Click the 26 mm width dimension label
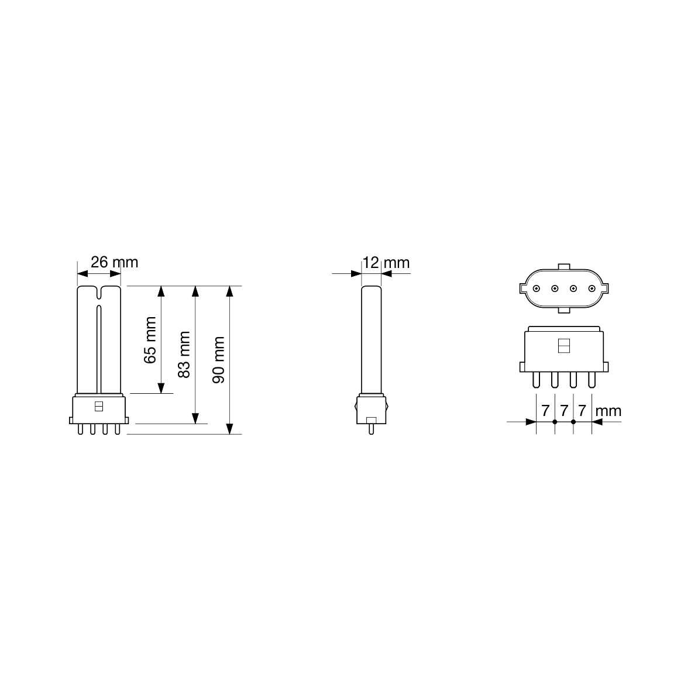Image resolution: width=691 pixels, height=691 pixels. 114,262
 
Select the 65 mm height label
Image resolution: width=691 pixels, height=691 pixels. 150,340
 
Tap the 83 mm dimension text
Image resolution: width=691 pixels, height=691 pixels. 184,355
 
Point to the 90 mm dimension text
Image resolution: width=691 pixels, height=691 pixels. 219,360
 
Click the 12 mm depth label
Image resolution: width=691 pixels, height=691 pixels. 386,263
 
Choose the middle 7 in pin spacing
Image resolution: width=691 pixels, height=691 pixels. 564,411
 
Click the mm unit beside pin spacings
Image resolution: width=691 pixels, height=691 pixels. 608,411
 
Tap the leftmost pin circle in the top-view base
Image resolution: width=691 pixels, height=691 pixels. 537,288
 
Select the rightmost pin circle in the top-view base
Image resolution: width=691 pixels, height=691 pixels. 592,288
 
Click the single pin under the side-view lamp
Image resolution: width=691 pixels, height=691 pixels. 371,429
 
